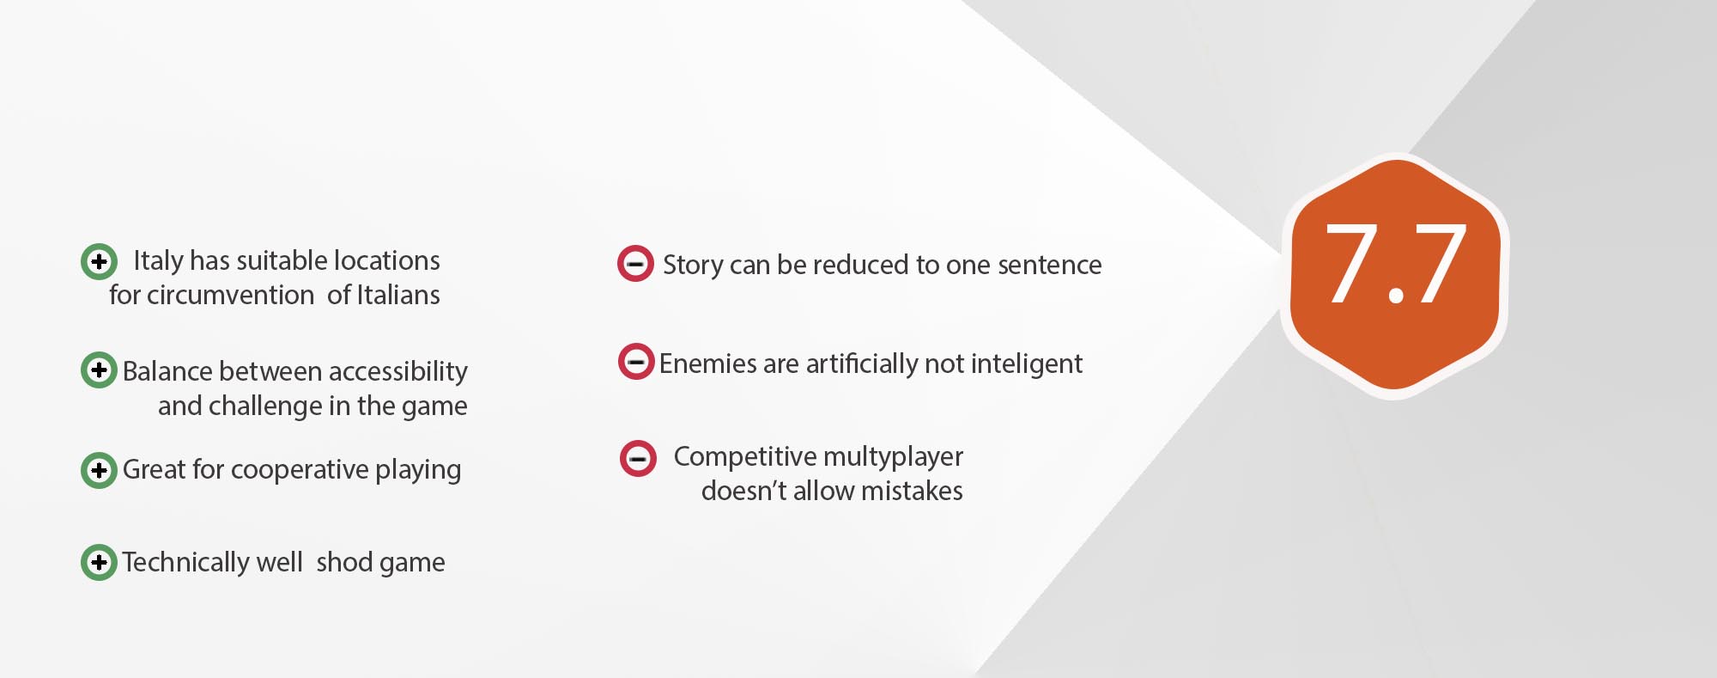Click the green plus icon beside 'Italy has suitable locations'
point(99,261)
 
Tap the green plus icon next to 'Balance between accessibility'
point(99,370)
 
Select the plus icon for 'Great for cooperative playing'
point(99,470)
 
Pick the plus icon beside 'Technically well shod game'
point(99,562)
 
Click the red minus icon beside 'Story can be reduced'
point(636,264)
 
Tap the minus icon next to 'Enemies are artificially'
point(636,362)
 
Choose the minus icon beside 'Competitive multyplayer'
point(638,459)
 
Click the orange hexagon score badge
point(1395,276)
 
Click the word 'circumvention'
point(230,295)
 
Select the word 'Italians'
point(397,295)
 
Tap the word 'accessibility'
point(397,372)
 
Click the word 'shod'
point(344,562)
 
